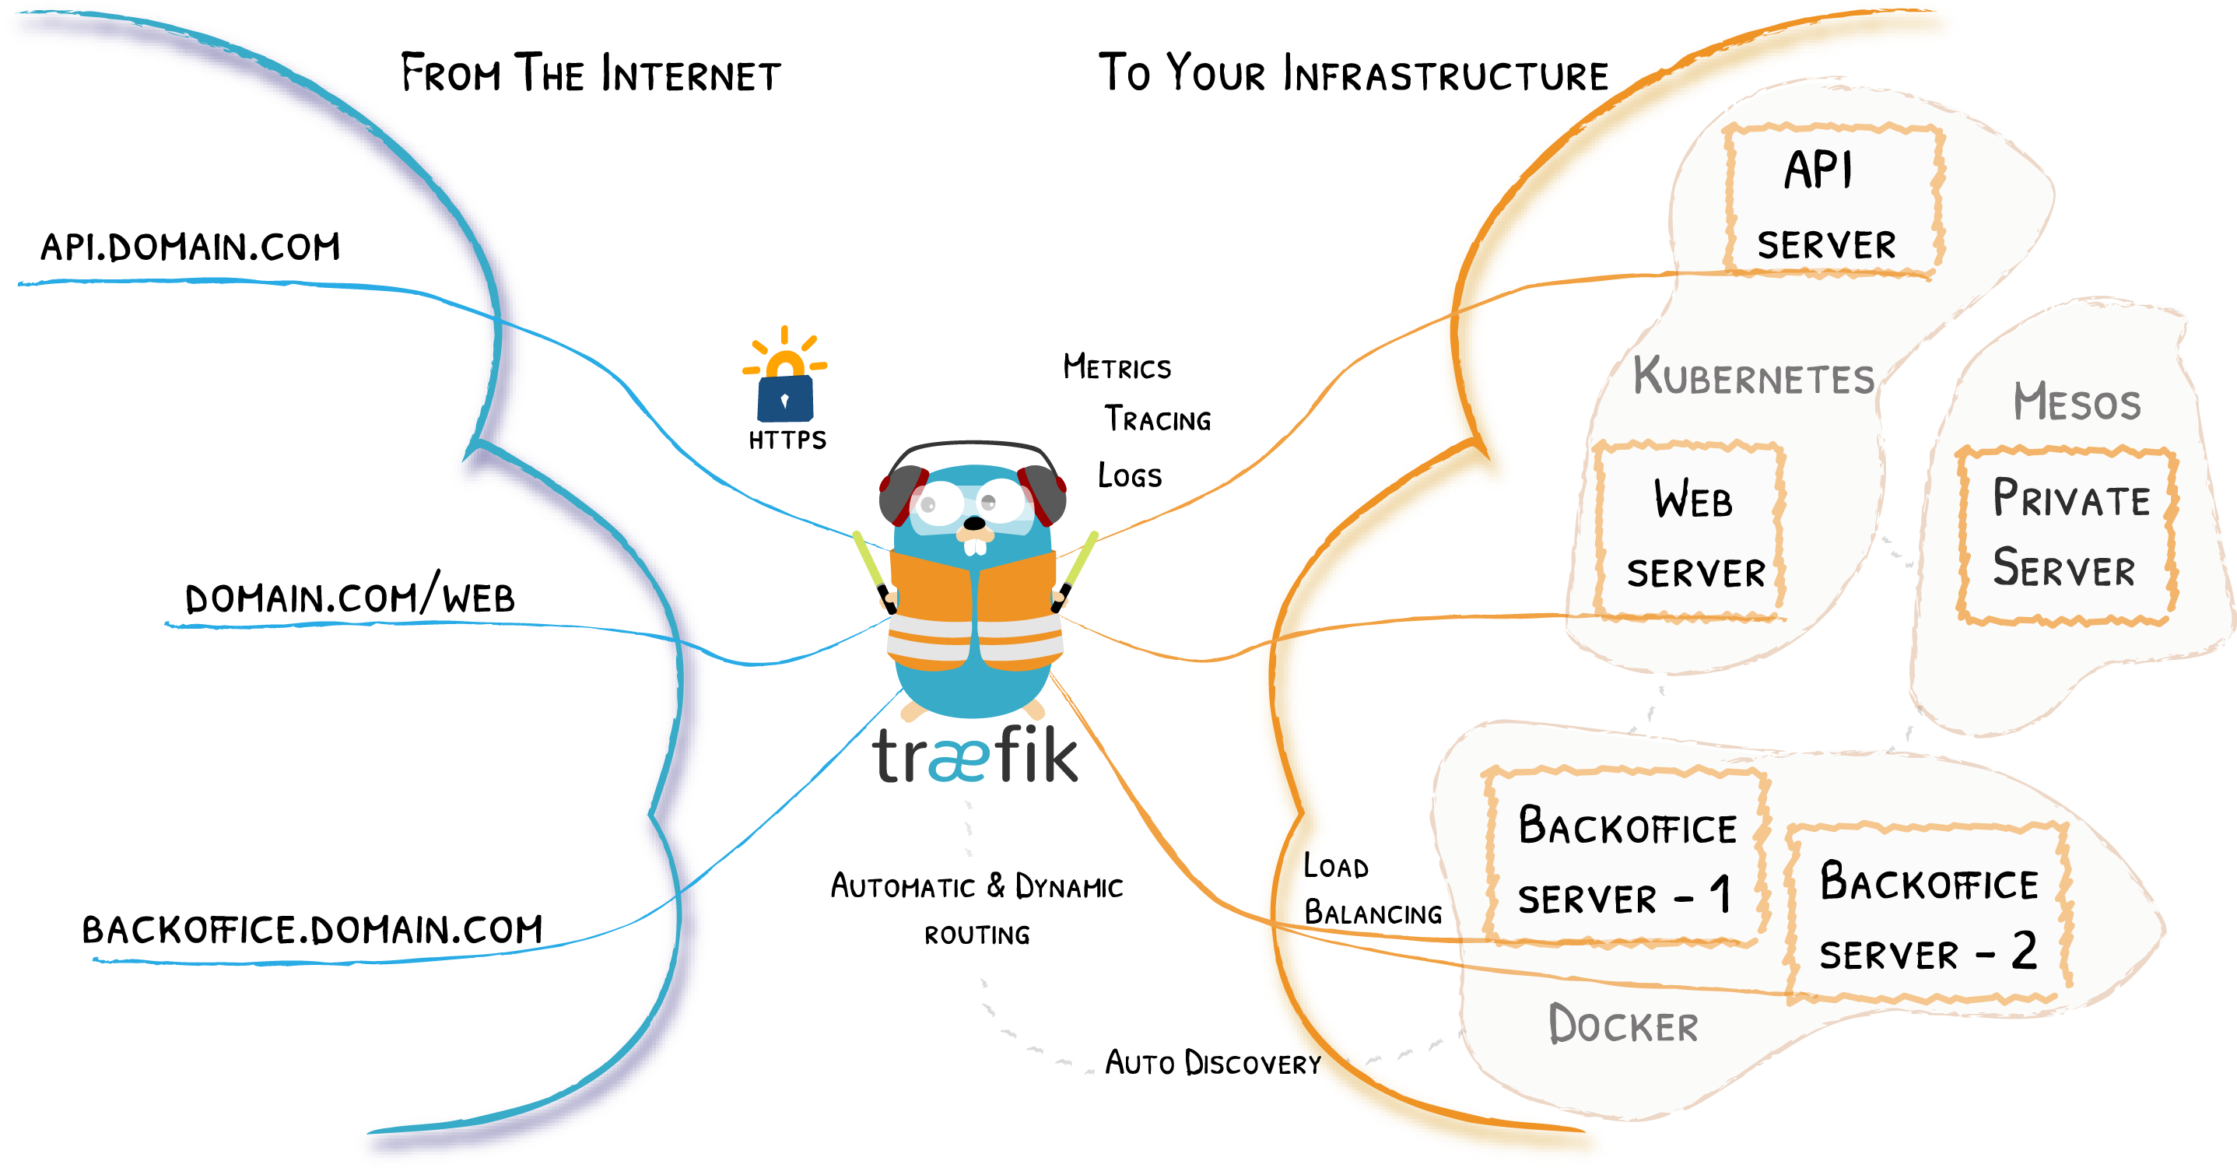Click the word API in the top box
point(1818,170)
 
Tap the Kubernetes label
point(1753,377)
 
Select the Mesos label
point(2077,402)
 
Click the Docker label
point(1623,1024)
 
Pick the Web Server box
point(1691,532)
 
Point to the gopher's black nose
point(975,524)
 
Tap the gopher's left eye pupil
point(928,503)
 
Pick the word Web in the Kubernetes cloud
point(1692,500)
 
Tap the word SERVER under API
point(1826,245)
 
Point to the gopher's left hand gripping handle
point(888,598)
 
